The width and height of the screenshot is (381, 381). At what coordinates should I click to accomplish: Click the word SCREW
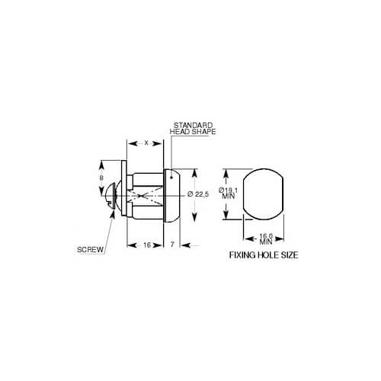click(x=91, y=249)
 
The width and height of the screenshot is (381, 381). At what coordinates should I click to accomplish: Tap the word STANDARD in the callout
click(x=193, y=125)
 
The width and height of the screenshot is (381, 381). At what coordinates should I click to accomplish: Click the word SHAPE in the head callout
click(x=204, y=132)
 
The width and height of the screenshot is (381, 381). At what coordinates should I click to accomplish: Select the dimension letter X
click(x=146, y=143)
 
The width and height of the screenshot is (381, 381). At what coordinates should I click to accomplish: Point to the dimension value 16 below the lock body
click(x=147, y=245)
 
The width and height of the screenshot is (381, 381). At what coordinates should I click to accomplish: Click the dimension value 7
click(x=172, y=245)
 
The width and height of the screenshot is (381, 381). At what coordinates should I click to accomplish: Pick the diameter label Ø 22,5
click(x=198, y=194)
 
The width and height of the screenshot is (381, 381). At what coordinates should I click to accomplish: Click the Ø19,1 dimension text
click(x=228, y=190)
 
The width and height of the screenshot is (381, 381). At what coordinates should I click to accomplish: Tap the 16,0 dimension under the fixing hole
click(x=266, y=236)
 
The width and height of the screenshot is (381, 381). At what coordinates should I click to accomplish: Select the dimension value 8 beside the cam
click(x=101, y=178)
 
